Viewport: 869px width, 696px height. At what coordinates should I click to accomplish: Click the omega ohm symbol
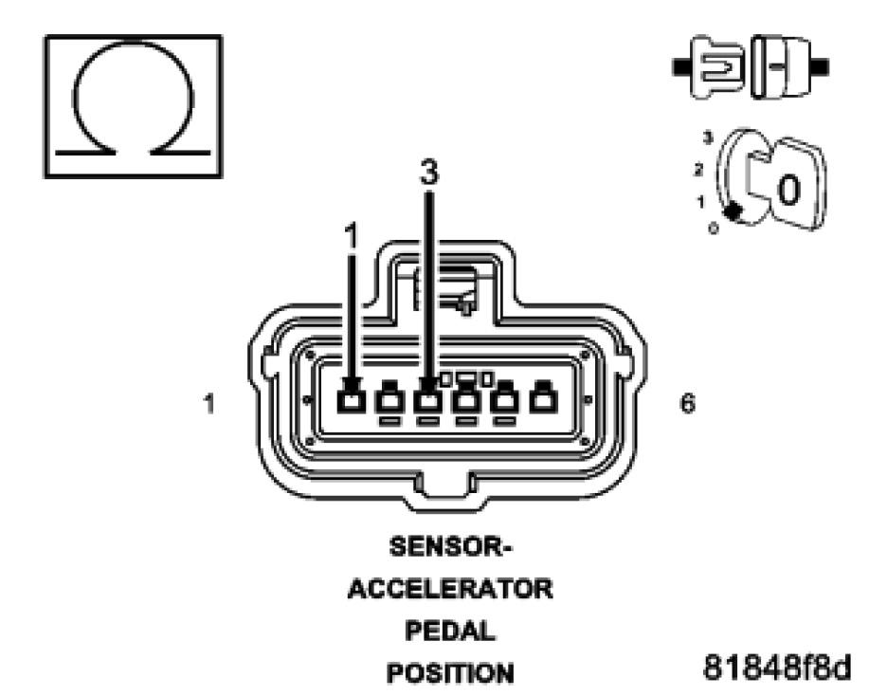point(134,105)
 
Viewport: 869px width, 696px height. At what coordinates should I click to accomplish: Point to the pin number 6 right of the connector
point(688,404)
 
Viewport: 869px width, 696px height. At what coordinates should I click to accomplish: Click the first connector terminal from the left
point(353,400)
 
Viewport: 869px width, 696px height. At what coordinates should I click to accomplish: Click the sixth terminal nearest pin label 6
point(542,400)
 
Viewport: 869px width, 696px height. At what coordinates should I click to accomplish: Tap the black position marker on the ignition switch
point(733,211)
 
